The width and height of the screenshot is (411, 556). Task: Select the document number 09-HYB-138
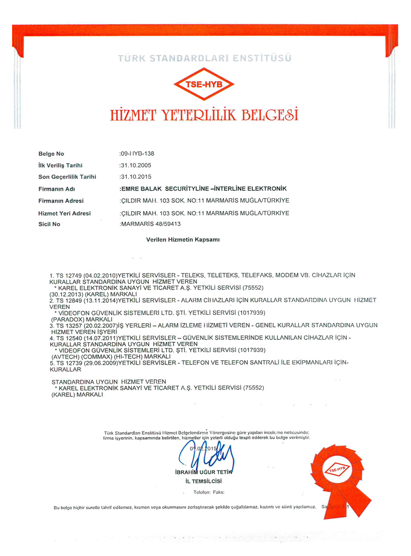click(137, 154)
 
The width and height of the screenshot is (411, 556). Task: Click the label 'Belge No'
click(51, 154)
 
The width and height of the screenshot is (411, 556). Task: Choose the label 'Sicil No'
click(49, 224)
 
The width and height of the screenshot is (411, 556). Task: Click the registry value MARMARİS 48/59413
click(150, 224)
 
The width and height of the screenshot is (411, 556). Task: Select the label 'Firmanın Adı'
click(57, 189)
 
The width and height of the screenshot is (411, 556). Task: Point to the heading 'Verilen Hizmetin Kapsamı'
click(183, 239)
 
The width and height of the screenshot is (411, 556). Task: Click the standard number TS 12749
click(69, 275)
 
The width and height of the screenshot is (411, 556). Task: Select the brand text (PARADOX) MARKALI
click(82, 320)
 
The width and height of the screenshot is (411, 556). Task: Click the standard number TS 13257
click(69, 326)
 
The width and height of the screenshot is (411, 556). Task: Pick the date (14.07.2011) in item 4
click(100, 337)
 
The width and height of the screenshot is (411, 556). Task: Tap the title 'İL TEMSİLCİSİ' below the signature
click(204, 481)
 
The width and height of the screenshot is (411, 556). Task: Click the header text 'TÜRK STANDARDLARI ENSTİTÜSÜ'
click(205, 59)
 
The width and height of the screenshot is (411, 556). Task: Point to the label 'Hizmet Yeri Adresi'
click(64, 213)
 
